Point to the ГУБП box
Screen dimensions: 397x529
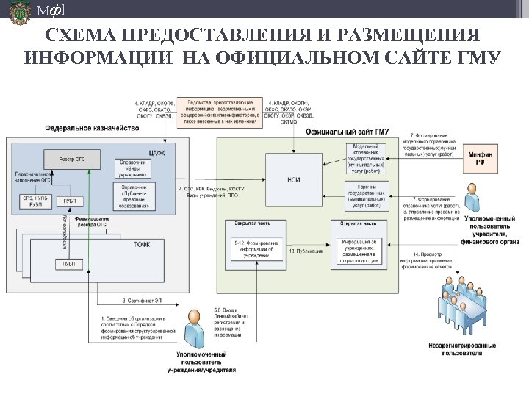pos(71,200)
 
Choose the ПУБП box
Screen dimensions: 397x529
pos(71,263)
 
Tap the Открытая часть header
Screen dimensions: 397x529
pos(359,223)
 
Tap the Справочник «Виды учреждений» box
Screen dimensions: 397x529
pos(132,168)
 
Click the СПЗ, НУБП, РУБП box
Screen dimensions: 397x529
pos(37,200)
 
